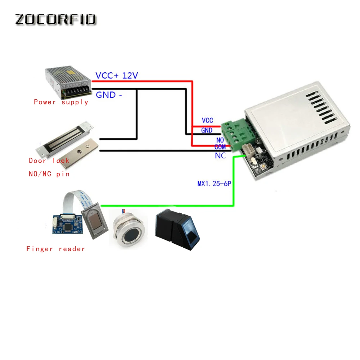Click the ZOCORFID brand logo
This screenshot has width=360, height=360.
pos(55,19)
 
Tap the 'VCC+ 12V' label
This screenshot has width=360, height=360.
pos(116,76)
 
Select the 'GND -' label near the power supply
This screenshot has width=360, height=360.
pos(108,95)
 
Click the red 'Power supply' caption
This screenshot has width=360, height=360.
pos(61,102)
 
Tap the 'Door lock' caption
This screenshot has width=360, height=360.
pos(49,161)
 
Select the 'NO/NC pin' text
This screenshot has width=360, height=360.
pos(49,174)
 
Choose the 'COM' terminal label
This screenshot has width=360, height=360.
pos(220,147)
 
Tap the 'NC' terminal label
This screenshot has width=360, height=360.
pos(220,156)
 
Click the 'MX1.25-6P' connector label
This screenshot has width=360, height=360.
pos(214,184)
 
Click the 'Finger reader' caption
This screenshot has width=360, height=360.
pos(55,249)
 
